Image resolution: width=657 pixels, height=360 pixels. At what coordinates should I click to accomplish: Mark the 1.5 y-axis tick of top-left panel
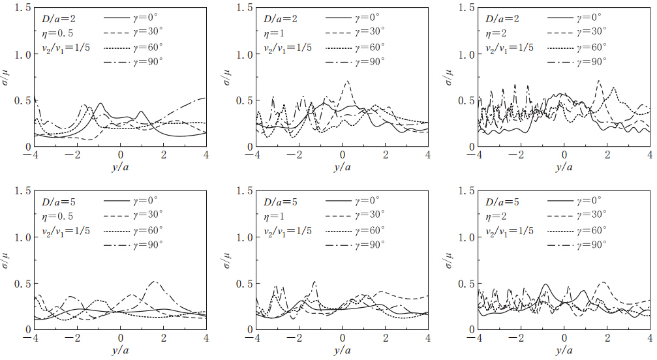click(16, 8)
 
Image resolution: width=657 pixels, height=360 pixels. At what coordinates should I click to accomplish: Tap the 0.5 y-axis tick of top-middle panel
click(238, 101)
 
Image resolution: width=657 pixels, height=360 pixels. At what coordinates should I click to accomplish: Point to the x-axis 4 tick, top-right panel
click(650, 157)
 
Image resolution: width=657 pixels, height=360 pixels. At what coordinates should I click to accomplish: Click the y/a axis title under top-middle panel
click(342, 168)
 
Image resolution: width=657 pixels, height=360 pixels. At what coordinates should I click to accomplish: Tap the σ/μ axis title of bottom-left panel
click(7, 261)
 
